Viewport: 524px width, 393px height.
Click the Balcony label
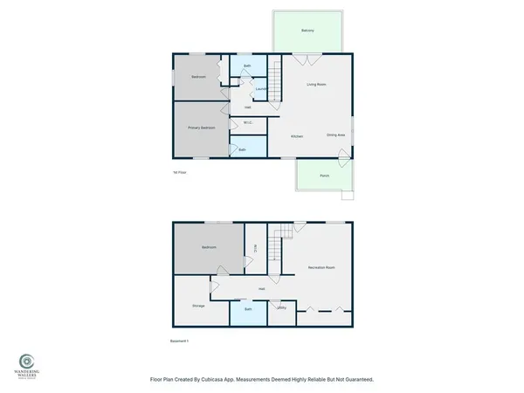[307, 31]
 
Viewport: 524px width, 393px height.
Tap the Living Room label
[316, 85]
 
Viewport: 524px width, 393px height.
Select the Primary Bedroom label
[201, 128]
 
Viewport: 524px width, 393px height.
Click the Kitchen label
[297, 137]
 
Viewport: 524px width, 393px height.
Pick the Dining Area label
[335, 135]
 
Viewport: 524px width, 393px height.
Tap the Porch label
[324, 176]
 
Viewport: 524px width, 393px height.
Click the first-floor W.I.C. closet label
[248, 122]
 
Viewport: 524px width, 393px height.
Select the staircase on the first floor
[274, 86]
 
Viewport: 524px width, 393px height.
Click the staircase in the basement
[279, 245]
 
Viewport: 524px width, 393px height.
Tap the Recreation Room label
[321, 266]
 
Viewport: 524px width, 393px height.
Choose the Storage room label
[198, 305]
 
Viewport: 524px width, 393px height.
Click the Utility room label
[281, 308]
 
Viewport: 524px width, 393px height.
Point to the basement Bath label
[248, 309]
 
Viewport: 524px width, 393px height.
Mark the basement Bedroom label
[208, 248]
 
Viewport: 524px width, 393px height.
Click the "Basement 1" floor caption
[178, 341]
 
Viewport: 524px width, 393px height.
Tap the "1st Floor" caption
[180, 173]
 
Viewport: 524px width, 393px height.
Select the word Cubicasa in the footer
[237, 380]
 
